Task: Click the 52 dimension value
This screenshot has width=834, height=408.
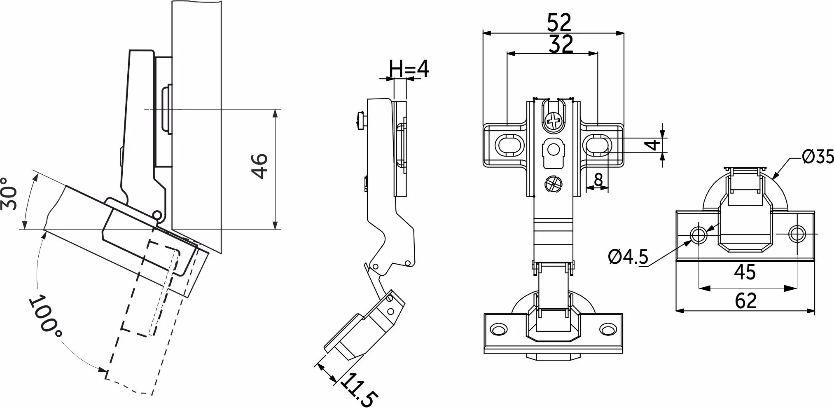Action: click(x=559, y=23)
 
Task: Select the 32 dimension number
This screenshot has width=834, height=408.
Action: click(x=561, y=44)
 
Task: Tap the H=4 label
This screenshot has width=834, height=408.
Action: click(x=409, y=69)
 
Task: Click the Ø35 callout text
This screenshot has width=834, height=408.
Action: click(x=818, y=157)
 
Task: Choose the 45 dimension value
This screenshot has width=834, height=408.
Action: click(x=745, y=272)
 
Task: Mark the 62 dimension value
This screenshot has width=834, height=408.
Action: click(x=746, y=301)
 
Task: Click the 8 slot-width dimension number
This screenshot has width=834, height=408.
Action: click(x=598, y=180)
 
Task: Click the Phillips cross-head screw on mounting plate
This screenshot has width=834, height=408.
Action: click(x=553, y=121)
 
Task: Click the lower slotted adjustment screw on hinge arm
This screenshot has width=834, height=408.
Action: click(x=553, y=184)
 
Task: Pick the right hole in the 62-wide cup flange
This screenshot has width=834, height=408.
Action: click(x=797, y=234)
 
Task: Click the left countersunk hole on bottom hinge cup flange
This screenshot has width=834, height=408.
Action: click(x=499, y=329)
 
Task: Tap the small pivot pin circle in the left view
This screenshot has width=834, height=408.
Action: click(x=157, y=215)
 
